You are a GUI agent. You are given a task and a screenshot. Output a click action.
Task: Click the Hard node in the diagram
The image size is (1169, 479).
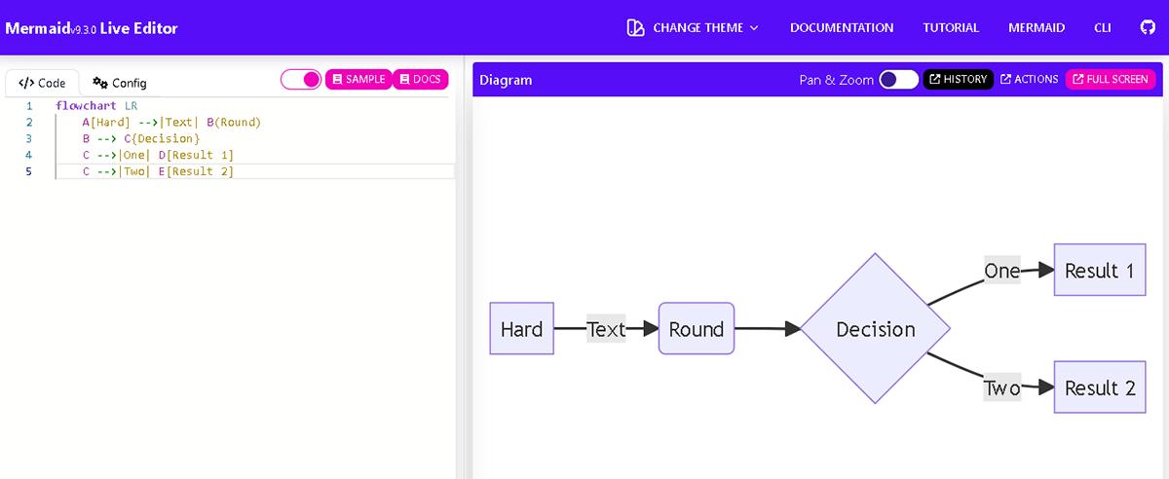pyautogui.click(x=521, y=329)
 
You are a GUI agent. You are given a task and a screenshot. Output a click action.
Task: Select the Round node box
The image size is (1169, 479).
pyautogui.click(x=696, y=329)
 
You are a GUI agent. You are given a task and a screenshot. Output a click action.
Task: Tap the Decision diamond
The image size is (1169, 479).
pyautogui.click(x=875, y=329)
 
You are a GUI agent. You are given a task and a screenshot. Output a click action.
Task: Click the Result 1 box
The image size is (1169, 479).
pyautogui.click(x=1099, y=271)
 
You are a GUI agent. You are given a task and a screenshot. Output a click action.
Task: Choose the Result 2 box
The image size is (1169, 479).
pyautogui.click(x=1099, y=387)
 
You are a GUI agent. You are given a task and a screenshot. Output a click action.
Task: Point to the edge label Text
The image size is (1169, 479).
pyautogui.click(x=606, y=329)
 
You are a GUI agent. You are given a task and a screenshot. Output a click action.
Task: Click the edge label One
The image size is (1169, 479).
pyautogui.click(x=1001, y=271)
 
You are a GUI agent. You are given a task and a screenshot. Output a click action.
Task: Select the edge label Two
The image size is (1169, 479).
pyautogui.click(x=1001, y=388)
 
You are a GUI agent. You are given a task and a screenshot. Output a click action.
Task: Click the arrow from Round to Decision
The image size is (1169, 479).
pyautogui.click(x=767, y=329)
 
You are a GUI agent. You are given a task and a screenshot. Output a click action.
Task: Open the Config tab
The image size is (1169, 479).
pyautogui.click(x=120, y=83)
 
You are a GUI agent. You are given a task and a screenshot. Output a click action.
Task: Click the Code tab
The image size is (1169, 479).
pyautogui.click(x=43, y=83)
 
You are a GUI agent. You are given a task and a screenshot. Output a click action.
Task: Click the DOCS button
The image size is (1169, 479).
pyautogui.click(x=420, y=79)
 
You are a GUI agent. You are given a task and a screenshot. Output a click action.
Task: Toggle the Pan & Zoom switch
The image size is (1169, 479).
pyautogui.click(x=898, y=80)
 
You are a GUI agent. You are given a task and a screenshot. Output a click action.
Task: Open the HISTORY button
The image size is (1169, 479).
pyautogui.click(x=958, y=80)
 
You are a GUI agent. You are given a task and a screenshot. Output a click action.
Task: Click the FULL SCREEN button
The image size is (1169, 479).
pyautogui.click(x=1110, y=80)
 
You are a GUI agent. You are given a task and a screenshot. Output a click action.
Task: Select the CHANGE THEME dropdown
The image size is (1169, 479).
pyautogui.click(x=693, y=27)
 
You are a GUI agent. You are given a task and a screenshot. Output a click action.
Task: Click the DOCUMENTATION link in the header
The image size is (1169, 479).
pyautogui.click(x=842, y=27)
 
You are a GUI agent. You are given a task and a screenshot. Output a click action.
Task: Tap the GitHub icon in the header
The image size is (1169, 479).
pyautogui.click(x=1148, y=27)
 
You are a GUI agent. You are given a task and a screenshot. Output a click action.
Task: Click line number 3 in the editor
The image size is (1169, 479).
pyautogui.click(x=29, y=138)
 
